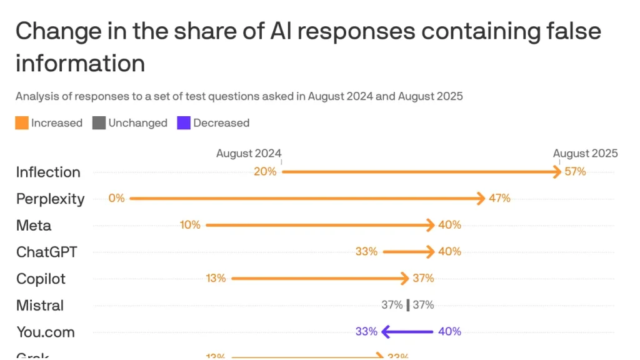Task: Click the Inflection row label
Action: click(48, 172)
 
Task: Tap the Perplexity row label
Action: click(50, 199)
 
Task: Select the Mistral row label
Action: click(40, 306)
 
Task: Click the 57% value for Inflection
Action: click(575, 172)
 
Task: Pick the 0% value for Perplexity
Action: click(116, 198)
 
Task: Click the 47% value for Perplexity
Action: click(499, 198)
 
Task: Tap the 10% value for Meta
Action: click(190, 225)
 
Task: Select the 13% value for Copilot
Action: click(216, 278)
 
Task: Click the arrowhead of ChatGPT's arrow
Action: click(429, 252)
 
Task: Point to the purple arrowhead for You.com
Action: click(386, 331)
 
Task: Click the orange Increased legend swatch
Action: click(22, 123)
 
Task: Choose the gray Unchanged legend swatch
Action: click(99, 123)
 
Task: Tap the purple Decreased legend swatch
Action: click(184, 123)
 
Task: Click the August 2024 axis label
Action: click(249, 153)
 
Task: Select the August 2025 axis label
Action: click(585, 153)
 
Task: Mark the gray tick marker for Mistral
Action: click(407, 305)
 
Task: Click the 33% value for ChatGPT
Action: click(366, 252)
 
